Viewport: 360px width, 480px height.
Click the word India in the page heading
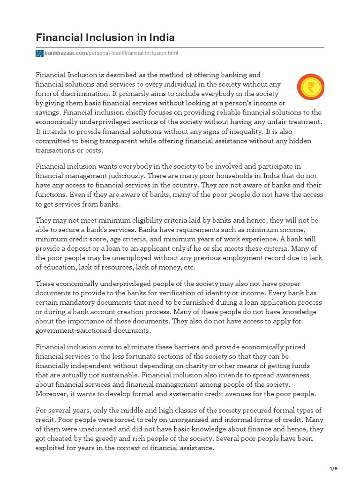[157, 37]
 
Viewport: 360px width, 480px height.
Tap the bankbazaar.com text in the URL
[66, 53]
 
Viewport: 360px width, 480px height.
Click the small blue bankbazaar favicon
[39, 53]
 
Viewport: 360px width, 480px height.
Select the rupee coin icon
[310, 88]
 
